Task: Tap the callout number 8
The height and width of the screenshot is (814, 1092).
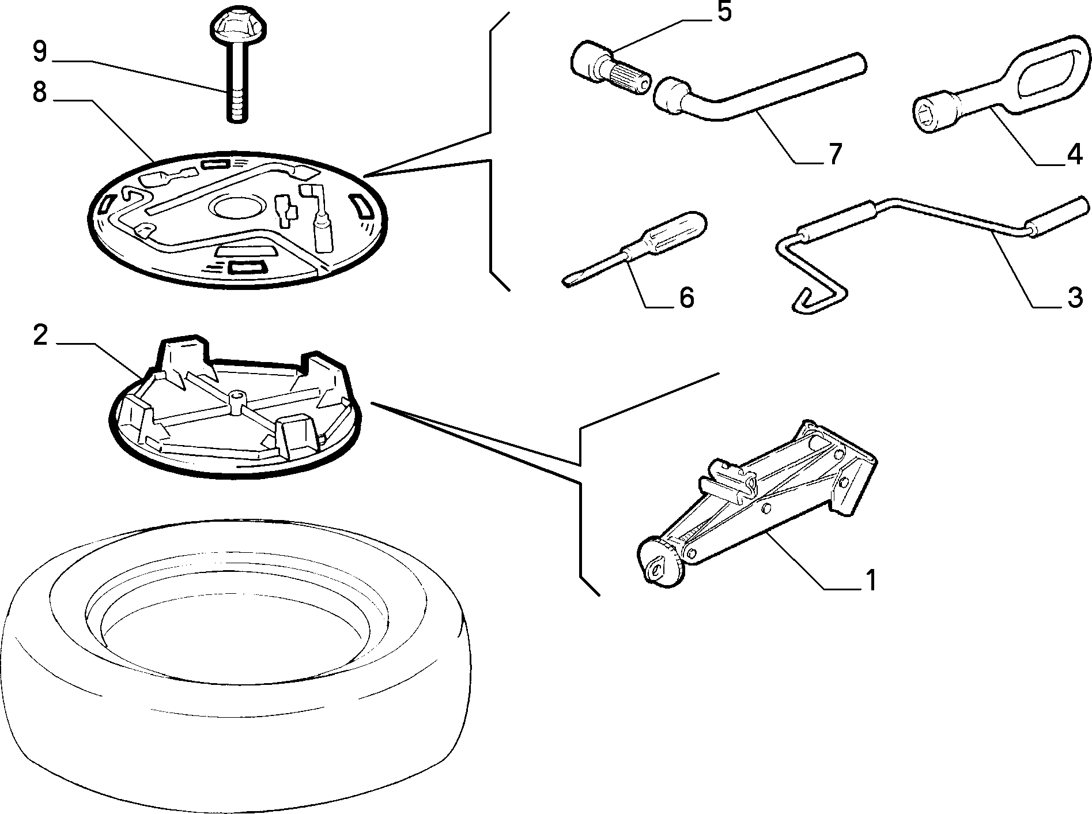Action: pyautogui.click(x=39, y=92)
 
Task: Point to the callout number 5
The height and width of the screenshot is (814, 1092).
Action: pyautogui.click(x=724, y=12)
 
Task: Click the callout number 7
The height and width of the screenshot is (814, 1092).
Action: pyautogui.click(x=834, y=154)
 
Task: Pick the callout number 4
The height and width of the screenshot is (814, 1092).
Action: pyautogui.click(x=1074, y=154)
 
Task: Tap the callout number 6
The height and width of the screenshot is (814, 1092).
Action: pyautogui.click(x=686, y=297)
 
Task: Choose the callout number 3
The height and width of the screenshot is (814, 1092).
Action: pyautogui.click(x=1074, y=297)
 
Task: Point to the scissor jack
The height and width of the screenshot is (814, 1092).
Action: pyautogui.click(x=757, y=502)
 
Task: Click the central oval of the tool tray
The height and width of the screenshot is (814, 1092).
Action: pyautogui.click(x=238, y=208)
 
